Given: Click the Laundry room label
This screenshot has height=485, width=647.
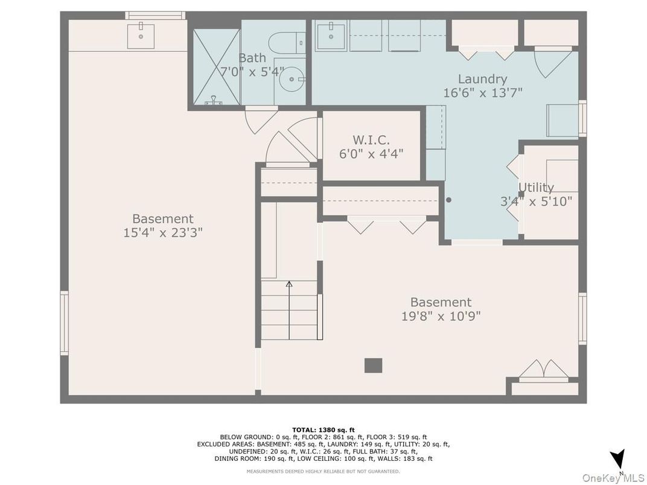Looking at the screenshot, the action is pyautogui.click(x=482, y=79).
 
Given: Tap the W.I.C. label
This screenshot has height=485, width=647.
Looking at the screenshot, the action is pyautogui.click(x=371, y=140).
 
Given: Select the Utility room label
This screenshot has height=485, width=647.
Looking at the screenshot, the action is pyautogui.click(x=536, y=188).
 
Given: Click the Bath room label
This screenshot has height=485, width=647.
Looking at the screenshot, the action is pyautogui.click(x=252, y=58).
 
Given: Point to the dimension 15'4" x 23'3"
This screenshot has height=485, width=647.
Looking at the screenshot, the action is pyautogui.click(x=163, y=233).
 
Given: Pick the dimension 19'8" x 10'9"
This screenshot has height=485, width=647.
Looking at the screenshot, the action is pyautogui.click(x=441, y=316).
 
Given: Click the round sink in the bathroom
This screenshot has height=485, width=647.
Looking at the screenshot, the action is pyautogui.click(x=292, y=79).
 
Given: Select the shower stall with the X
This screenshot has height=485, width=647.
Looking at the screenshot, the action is pyautogui.click(x=217, y=67).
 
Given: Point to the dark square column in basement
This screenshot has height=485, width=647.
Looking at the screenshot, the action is pyautogui.click(x=373, y=366).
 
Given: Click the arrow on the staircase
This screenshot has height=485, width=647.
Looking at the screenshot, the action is pyautogui.click(x=289, y=310).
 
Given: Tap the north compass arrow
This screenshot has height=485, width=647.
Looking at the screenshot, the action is pyautogui.click(x=617, y=460).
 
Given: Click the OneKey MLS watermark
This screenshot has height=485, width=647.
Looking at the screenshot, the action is pyautogui.click(x=613, y=478).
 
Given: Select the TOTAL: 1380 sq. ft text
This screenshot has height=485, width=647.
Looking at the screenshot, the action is pyautogui.click(x=323, y=430).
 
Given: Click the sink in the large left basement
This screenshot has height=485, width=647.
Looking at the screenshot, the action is pyautogui.click(x=141, y=36).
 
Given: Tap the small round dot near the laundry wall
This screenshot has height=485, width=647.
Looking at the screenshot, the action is pyautogui.click(x=448, y=200).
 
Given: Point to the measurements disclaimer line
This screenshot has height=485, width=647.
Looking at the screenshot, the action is pyautogui.click(x=323, y=471).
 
